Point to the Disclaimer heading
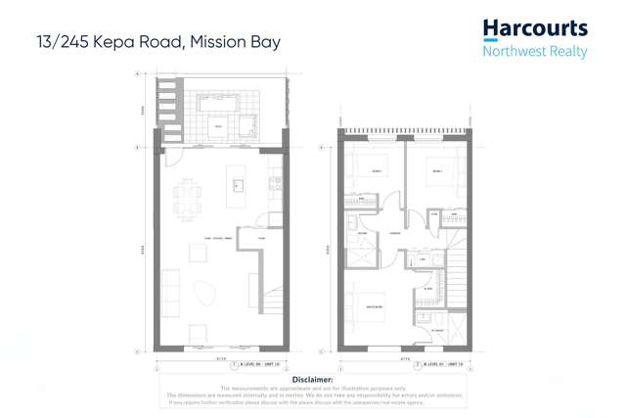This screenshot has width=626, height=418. tap(313, 379)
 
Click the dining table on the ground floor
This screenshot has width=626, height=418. tap(188, 199)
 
